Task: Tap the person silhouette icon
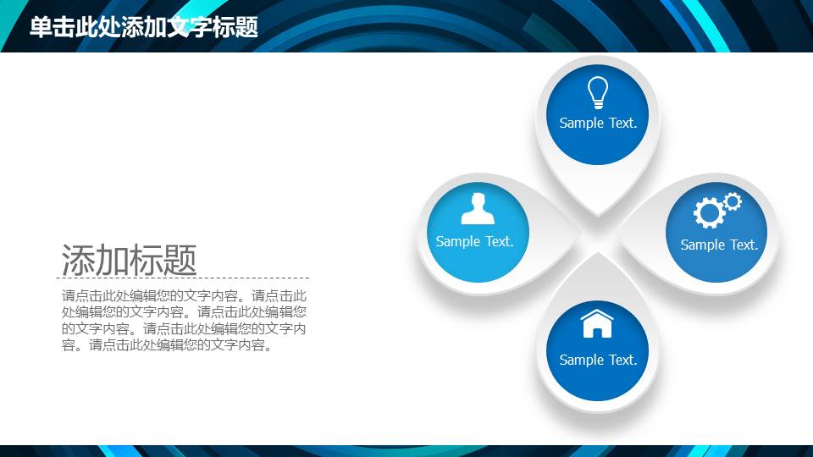478,208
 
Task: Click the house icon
597,324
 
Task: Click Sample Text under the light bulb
598,123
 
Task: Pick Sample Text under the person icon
474,241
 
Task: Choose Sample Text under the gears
719,245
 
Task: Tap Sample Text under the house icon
598,360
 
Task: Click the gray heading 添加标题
129,260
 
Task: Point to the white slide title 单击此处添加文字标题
144,27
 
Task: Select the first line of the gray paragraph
184,296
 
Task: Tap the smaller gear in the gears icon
733,201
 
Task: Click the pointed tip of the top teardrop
598,215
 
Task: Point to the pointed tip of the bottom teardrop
598,252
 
